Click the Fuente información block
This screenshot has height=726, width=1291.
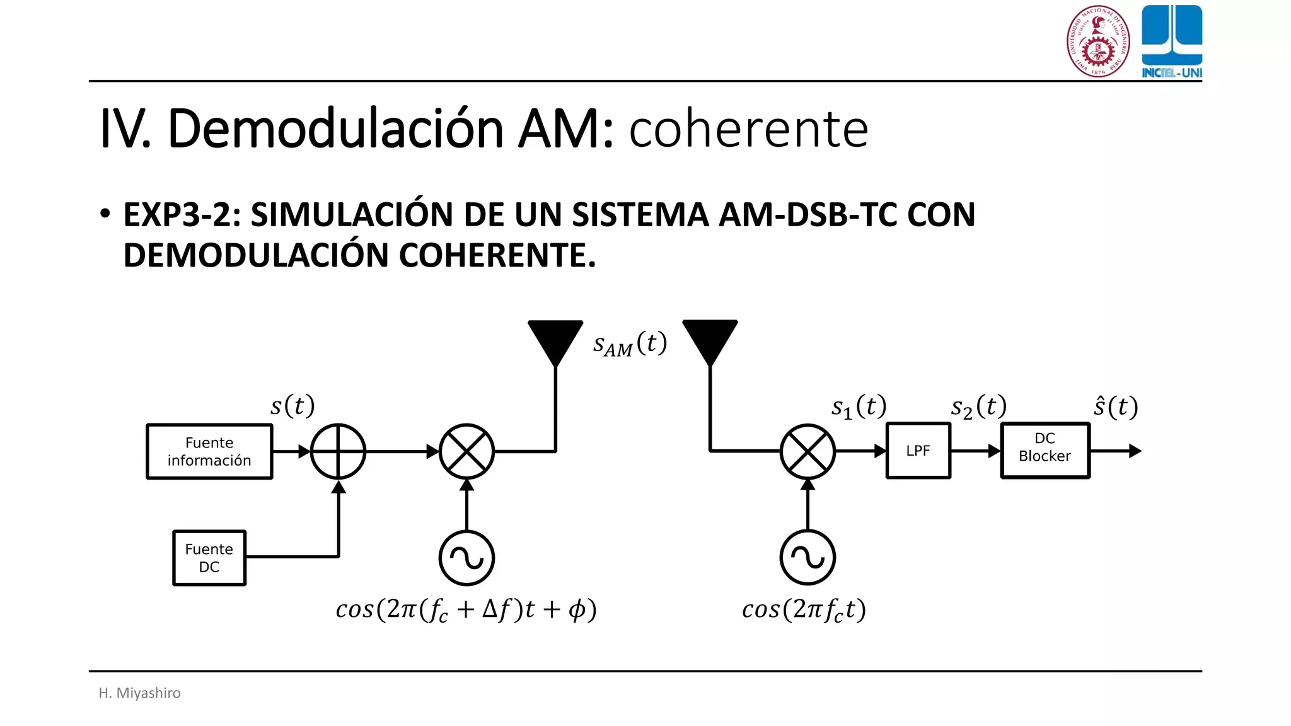pos(209,451)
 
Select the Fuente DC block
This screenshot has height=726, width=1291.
pos(209,558)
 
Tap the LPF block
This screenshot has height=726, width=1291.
pos(918,451)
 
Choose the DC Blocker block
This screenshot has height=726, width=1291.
pos(1045,451)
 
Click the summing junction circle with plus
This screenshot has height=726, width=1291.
pos(339,451)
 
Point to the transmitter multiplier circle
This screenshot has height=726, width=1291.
pos(466,451)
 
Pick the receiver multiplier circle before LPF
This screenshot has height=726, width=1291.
pos(808,451)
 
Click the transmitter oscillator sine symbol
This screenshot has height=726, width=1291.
pos(466,558)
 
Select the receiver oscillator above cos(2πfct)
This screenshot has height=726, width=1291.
pos(808,558)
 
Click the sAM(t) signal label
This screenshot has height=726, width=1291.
pos(629,345)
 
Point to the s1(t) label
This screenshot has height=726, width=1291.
pos(859,407)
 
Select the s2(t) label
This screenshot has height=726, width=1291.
pos(978,407)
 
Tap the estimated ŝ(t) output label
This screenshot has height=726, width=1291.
pos(1115,406)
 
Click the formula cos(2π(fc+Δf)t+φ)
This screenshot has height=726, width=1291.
pos(466,609)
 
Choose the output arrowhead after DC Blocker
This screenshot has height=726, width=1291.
pos(1135,451)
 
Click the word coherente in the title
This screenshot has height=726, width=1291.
pos(748,129)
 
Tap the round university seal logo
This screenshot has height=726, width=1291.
pos(1097,41)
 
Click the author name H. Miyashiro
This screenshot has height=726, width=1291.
pos(139,693)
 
